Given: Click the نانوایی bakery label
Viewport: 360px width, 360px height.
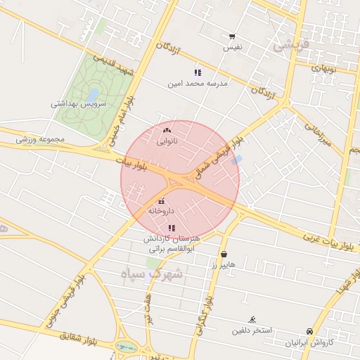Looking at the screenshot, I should coord(167,141).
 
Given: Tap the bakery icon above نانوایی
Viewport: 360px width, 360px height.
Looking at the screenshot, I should coord(167,131).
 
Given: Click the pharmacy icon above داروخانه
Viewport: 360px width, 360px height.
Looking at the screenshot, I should coord(162,201).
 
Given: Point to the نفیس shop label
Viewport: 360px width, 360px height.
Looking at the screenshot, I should coord(233,47).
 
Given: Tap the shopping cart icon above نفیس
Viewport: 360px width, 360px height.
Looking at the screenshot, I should coord(232,37).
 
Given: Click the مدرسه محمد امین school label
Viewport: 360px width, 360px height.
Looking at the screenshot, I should coord(198,83).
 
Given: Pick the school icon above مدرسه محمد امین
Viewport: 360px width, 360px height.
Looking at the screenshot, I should coord(198,72).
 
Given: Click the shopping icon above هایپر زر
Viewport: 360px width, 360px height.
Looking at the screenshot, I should coord(224,255).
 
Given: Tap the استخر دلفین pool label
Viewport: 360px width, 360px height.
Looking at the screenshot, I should coord(252,330).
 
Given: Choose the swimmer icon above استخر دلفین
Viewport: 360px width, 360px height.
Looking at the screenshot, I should coord(252,320).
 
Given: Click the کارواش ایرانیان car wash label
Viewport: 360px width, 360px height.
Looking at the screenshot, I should coord(309,342).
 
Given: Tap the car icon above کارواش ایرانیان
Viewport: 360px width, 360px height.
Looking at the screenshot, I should coord(309,332).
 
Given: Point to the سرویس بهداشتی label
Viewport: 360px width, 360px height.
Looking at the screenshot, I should coord(78,103).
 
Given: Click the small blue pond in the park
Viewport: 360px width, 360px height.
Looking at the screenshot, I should coord(94,94).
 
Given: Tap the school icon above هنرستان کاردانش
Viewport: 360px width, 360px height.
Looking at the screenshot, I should coord(172,228).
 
